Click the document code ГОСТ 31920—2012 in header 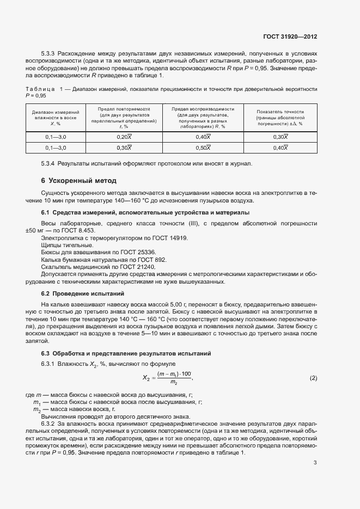(290, 36)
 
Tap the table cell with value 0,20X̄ (125, 137)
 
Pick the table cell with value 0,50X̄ (203, 148)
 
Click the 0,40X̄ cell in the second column (203, 137)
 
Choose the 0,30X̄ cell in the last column (280, 137)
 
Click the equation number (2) (313, 378)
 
